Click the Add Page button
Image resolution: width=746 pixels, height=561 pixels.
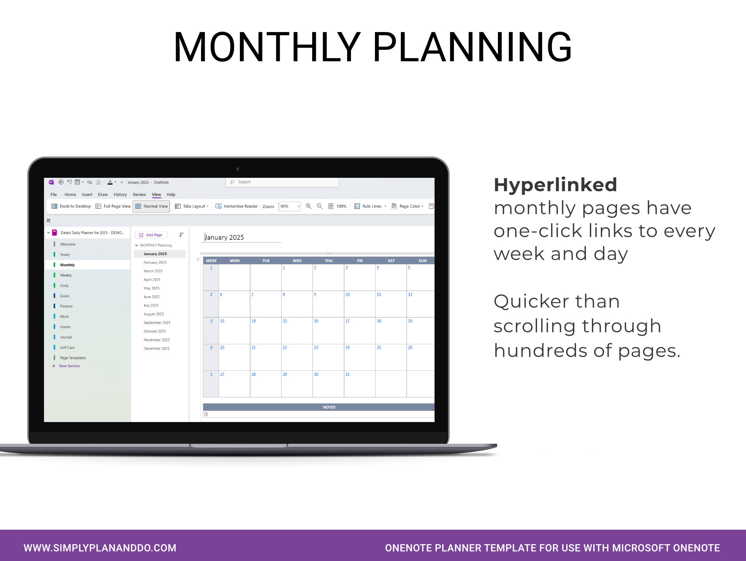click(x=151, y=235)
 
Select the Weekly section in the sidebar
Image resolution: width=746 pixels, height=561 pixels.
click(x=66, y=275)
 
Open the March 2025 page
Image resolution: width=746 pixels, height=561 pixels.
click(x=153, y=271)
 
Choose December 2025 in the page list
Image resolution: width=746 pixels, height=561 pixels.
click(x=156, y=348)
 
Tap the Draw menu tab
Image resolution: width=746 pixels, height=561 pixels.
click(x=103, y=195)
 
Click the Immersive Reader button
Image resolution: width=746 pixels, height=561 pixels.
click(x=237, y=206)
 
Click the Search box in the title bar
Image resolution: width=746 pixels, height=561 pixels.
click(x=282, y=182)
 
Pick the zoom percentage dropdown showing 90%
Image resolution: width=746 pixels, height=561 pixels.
click(x=290, y=206)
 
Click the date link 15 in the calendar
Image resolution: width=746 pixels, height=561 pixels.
click(x=285, y=321)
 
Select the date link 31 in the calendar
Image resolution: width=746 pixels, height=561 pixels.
click(x=348, y=374)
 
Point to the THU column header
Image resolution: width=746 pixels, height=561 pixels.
click(x=328, y=261)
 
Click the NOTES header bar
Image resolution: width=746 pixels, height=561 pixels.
click(x=329, y=407)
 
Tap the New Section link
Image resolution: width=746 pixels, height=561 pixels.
click(x=69, y=366)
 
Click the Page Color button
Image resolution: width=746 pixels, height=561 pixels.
click(x=407, y=206)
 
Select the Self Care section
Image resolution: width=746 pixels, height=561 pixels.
click(x=67, y=347)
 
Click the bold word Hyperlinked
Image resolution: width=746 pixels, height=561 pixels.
click(x=555, y=185)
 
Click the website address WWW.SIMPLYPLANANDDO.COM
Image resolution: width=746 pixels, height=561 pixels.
click(x=100, y=548)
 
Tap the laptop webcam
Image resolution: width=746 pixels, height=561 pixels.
click(x=238, y=169)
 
